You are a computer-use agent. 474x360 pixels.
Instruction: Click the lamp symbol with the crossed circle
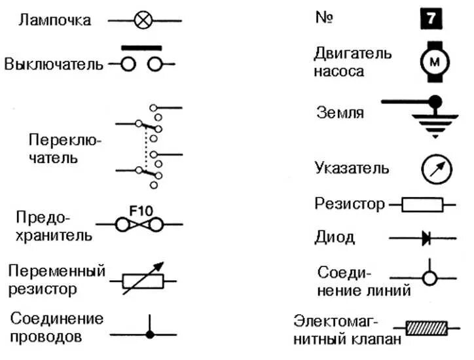tap(143, 21)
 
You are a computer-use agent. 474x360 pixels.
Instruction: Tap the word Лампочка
tap(56, 20)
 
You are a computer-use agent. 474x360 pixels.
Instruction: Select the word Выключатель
tap(54, 64)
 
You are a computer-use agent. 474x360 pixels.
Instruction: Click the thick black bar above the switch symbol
tap(141, 48)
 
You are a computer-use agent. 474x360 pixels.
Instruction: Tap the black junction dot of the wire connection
tap(150, 334)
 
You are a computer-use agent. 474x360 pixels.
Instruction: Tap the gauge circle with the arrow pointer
tap(436, 169)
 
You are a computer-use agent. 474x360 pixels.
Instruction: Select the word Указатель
tap(352, 168)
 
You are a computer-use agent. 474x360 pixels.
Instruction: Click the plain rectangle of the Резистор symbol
tap(422, 205)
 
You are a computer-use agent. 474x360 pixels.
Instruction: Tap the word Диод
tap(335, 237)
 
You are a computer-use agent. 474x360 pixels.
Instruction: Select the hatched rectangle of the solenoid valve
tap(426, 327)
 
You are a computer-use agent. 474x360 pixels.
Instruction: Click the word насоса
tap(338, 71)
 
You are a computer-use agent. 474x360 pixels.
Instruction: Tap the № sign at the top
tap(325, 17)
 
